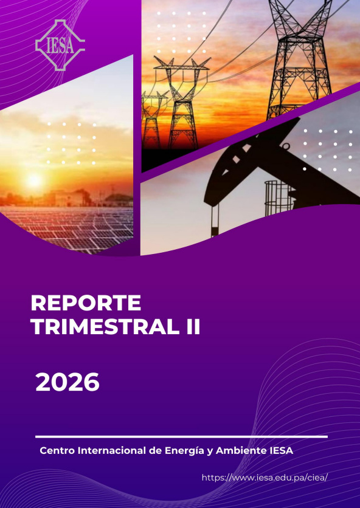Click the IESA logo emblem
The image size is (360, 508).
tap(60, 45)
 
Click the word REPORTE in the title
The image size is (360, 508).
tap(86, 303)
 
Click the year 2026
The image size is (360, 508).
tap(67, 382)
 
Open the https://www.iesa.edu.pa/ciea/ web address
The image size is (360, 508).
tap(265, 477)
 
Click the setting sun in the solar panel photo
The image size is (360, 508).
tap(34, 180)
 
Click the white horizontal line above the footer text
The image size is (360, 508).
tap(181, 437)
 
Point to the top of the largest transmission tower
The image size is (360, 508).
tap(300, 2)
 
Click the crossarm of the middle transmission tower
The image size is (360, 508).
tap(182, 66)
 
